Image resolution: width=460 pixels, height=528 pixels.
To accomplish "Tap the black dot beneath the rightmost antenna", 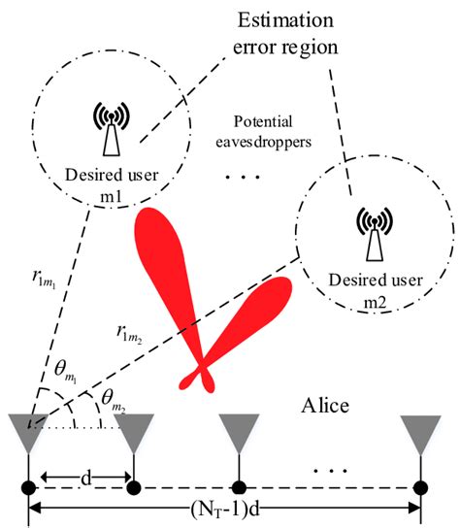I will click(x=420, y=484).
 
